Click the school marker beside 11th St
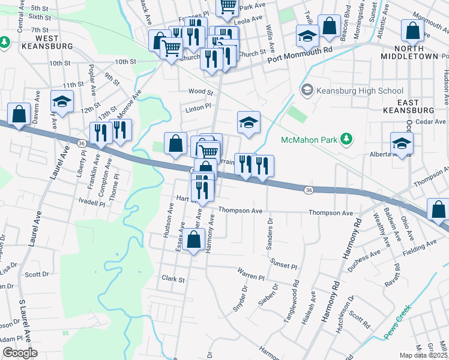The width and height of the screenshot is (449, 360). pyautogui.click(x=62, y=103)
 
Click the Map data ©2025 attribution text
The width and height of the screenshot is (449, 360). pyautogui.click(x=424, y=355)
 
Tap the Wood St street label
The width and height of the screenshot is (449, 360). pyautogui.click(x=200, y=92)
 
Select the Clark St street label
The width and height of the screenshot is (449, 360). pyautogui.click(x=173, y=278)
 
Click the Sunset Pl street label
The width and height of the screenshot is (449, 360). pyautogui.click(x=284, y=265)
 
